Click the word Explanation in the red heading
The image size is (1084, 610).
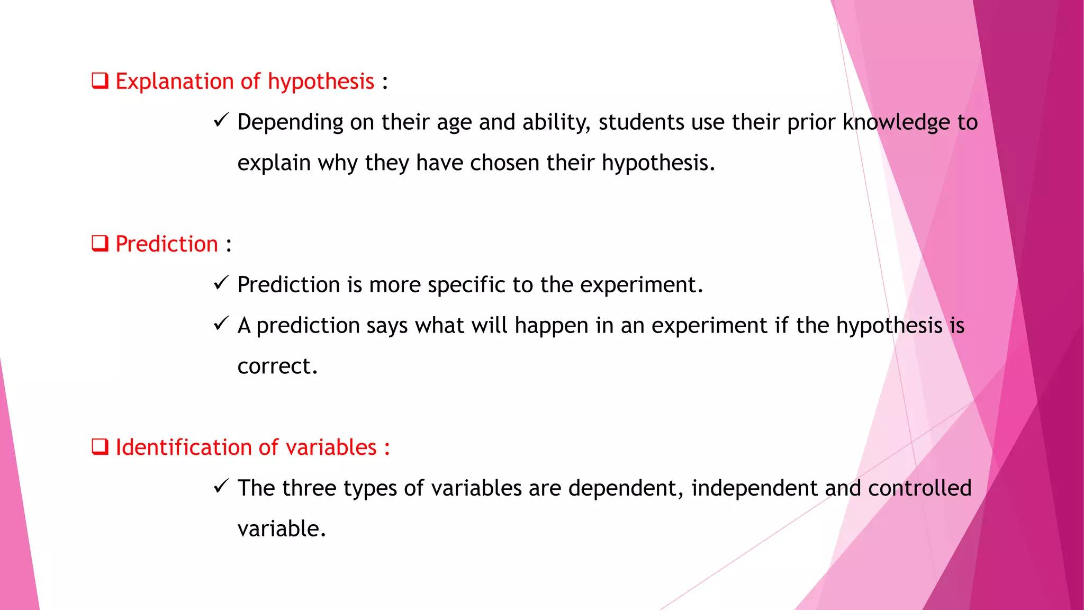[175, 82]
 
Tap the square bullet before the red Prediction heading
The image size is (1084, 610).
[100, 244]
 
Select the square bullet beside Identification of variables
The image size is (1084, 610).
[100, 447]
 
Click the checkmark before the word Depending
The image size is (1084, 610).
[221, 121]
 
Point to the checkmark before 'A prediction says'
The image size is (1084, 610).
[221, 324]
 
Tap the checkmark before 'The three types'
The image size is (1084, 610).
[221, 486]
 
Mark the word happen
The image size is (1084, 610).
[551, 326]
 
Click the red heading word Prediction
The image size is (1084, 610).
[167, 244]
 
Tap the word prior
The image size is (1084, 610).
[811, 122]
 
